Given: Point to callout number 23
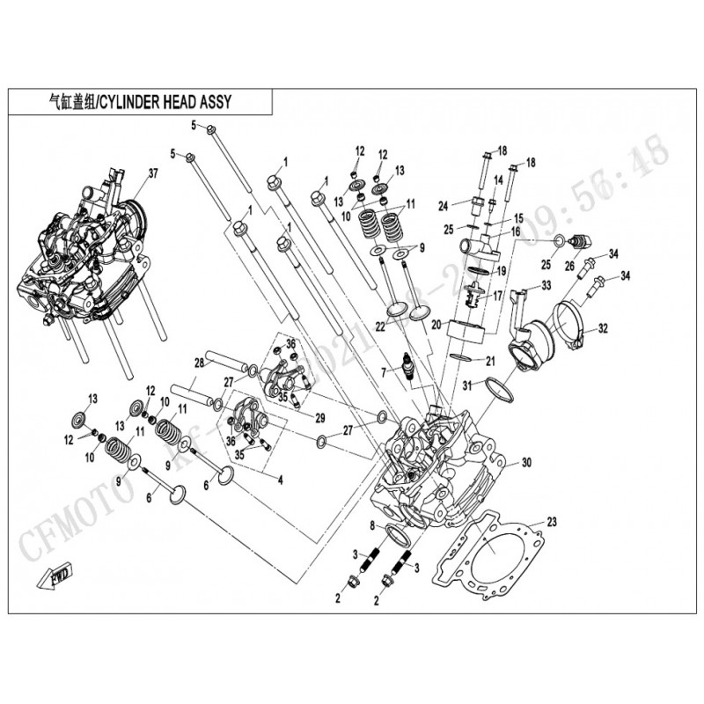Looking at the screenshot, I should click(552, 521).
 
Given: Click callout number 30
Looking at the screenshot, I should click(527, 463).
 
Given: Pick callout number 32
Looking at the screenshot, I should click(603, 329).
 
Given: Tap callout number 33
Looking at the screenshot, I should click(546, 284).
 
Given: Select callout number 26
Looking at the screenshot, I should click(568, 265).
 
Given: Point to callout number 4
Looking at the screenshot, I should click(280, 480).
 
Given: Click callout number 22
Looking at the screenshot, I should click(380, 326).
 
